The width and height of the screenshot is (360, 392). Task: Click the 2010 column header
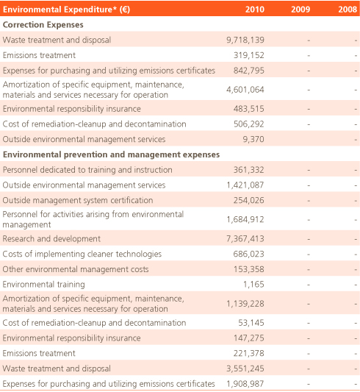point(255,10)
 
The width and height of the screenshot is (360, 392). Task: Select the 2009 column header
point(300,10)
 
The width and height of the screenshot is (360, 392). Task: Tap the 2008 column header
point(348,10)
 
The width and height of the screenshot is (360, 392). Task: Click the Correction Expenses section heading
point(43,25)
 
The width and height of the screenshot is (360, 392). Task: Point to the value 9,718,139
point(245,40)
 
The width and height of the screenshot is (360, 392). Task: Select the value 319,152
point(249,55)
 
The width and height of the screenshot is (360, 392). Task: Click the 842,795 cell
point(249,71)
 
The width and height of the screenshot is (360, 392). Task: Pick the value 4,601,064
point(245,90)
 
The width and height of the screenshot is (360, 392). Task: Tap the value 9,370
point(253,139)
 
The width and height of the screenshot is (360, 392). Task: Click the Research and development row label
point(51,239)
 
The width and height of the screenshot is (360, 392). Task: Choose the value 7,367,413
point(245,239)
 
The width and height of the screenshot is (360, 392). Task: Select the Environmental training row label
point(43,285)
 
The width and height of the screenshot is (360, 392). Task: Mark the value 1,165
point(253,285)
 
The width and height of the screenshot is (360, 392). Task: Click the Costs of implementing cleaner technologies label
point(82,254)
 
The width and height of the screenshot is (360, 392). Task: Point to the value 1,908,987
point(245,384)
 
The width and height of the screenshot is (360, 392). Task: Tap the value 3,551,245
point(245,368)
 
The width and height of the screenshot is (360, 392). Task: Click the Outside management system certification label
point(78,200)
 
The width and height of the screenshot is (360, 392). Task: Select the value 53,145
point(251,323)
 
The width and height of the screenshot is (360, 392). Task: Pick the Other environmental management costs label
point(76,269)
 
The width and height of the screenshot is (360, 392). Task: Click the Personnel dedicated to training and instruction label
point(87,170)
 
